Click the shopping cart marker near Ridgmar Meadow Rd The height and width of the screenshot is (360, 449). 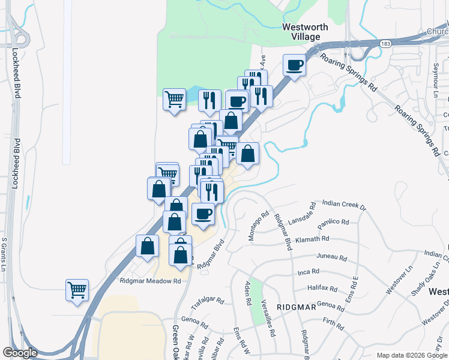(77, 290)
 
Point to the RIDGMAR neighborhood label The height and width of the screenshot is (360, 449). (297, 307)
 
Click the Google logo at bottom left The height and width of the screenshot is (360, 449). (20, 353)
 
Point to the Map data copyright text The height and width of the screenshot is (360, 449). (412, 355)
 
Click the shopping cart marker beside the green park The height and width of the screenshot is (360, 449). (174, 99)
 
